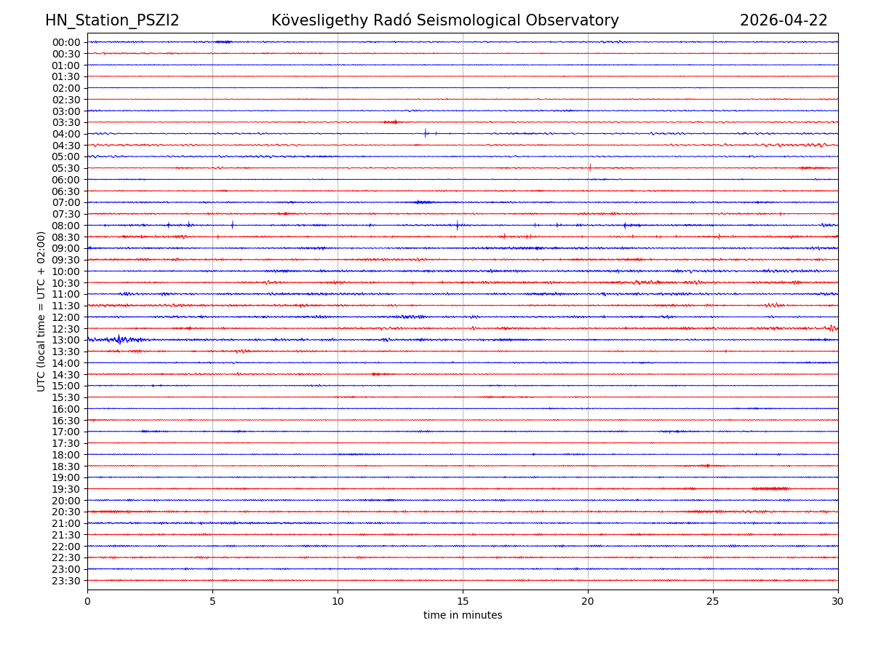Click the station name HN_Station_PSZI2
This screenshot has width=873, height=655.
(112, 20)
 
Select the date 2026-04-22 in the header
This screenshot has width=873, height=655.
(784, 20)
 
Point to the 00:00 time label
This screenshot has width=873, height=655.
(66, 42)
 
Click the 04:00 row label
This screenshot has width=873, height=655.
(66, 134)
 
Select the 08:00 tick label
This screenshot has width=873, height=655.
(66, 226)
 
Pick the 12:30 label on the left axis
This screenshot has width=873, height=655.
(66, 329)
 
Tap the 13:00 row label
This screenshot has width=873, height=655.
(66, 341)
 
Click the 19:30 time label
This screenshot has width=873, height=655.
(66, 489)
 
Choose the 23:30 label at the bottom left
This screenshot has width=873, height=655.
(66, 581)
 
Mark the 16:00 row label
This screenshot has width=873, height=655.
(66, 409)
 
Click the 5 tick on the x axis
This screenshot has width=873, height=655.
(212, 602)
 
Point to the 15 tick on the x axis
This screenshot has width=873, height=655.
(463, 602)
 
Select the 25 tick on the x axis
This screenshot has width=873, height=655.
(713, 602)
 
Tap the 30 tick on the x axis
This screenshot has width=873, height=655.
(838, 602)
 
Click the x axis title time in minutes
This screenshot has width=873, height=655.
(463, 616)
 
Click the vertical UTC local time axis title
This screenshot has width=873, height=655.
(41, 311)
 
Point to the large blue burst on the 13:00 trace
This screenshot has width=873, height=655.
(119, 339)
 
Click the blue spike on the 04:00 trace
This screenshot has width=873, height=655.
(426, 133)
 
